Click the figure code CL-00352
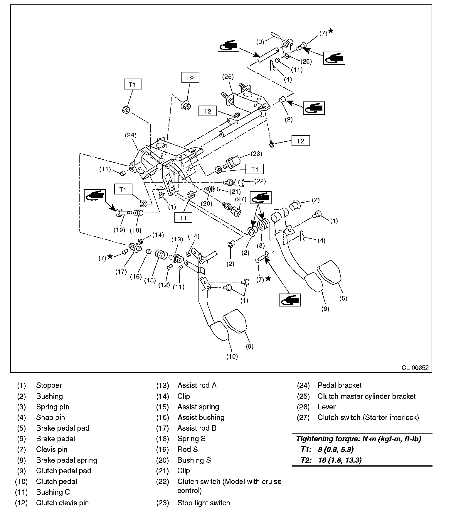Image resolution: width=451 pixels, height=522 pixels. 415,368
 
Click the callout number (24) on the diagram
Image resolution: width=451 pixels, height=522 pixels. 131,135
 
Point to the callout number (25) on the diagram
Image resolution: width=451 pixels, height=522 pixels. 228,77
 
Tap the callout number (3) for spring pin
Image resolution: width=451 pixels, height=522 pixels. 260,42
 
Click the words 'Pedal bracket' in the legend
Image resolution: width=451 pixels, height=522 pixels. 339,385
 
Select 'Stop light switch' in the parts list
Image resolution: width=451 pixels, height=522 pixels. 203,503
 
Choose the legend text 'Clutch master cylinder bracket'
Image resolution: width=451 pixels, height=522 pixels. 366,396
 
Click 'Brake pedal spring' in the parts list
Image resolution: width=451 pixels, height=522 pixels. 67,460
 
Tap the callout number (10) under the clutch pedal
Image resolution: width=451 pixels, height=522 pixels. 232,356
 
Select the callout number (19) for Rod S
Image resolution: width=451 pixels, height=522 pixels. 119,230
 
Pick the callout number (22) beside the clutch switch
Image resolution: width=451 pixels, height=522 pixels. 260,181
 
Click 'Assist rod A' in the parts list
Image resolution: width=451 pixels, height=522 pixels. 197,385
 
